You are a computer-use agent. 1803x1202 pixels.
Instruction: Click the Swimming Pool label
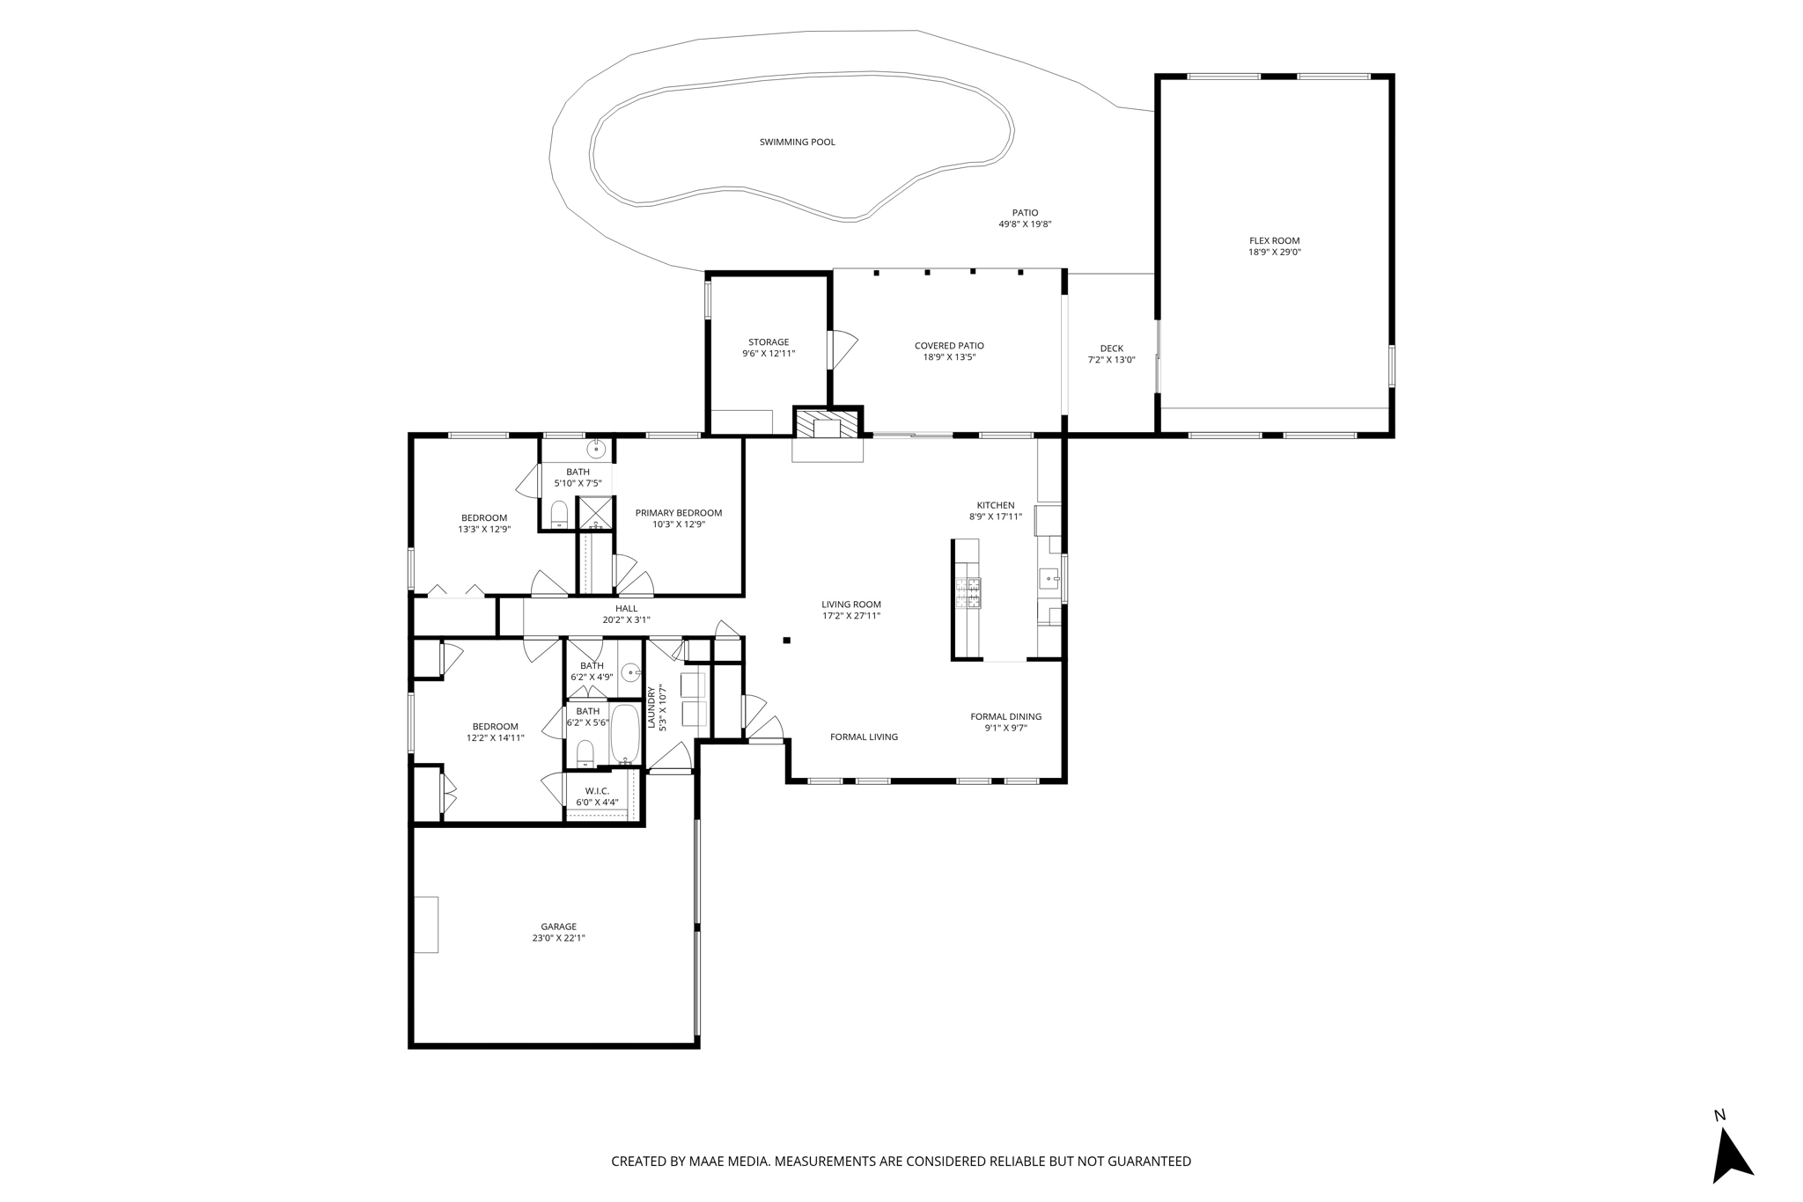(x=797, y=142)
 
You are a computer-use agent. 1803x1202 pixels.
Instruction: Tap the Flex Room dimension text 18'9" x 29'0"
(x=1274, y=253)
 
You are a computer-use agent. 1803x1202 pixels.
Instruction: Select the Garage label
(x=558, y=927)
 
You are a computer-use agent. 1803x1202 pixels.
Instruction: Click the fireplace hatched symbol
(x=828, y=423)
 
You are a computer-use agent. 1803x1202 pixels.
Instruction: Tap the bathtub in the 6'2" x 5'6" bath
(x=624, y=734)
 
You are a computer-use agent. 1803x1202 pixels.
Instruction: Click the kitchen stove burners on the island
(x=973, y=593)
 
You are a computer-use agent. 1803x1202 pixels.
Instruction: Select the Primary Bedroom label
(x=679, y=513)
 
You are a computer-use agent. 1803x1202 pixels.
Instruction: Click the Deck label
(x=1111, y=348)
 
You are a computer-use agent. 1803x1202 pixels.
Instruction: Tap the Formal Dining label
(x=1005, y=716)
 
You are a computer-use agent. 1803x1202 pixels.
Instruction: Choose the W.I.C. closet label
(x=597, y=791)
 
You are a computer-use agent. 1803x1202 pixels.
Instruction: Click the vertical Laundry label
(x=651, y=708)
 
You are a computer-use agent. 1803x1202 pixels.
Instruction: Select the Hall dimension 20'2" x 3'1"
(x=626, y=619)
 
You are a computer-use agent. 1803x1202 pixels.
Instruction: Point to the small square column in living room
(x=787, y=641)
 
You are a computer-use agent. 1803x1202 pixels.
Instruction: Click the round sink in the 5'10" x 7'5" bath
(x=597, y=450)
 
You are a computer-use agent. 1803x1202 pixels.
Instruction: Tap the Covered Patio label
(x=949, y=346)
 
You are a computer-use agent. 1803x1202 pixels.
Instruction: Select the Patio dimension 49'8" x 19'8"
(x=1025, y=224)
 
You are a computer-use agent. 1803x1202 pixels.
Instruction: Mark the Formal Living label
(x=864, y=737)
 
